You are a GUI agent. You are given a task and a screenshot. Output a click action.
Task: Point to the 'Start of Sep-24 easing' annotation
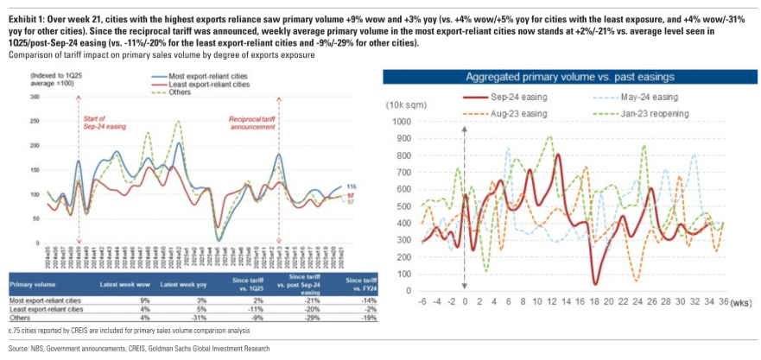[x=100, y=119]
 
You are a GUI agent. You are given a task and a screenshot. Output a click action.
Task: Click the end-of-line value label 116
[x=351, y=186]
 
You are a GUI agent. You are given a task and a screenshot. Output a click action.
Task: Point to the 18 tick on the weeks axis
[x=595, y=300]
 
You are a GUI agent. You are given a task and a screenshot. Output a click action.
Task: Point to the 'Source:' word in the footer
[x=17, y=349]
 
